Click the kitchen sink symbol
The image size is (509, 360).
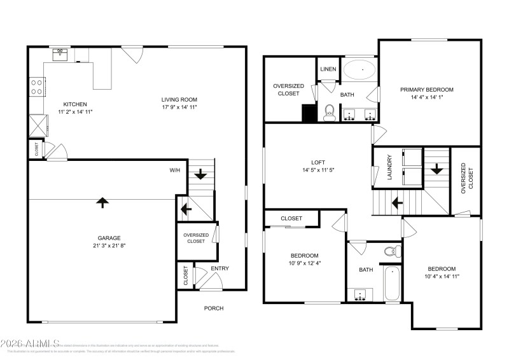click(x=62, y=54)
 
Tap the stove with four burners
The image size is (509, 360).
click(x=37, y=86)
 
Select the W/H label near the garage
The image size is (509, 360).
click(x=174, y=170)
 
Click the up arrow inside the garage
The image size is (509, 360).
click(x=102, y=202)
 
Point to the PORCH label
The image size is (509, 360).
click(x=213, y=308)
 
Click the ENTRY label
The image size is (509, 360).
click(x=220, y=269)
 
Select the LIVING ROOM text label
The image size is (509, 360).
click(x=179, y=99)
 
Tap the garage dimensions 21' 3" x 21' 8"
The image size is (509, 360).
click(x=102, y=246)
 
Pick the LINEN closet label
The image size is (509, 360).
click(x=328, y=69)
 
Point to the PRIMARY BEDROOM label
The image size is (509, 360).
click(x=426, y=90)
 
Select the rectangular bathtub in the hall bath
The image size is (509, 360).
click(x=392, y=284)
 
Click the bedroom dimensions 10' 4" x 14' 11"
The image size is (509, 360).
click(x=442, y=277)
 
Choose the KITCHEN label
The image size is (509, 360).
click(x=75, y=104)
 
